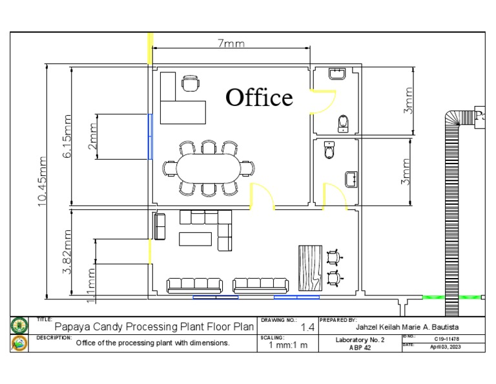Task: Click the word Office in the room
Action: coord(259,98)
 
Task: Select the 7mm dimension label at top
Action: coord(231,44)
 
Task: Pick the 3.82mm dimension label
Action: coord(68,251)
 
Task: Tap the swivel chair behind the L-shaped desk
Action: coord(191,83)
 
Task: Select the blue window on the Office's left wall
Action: coord(150,136)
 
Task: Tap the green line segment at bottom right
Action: coord(439,297)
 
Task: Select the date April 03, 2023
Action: coord(446,346)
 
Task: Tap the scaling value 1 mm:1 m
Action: coord(288,345)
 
